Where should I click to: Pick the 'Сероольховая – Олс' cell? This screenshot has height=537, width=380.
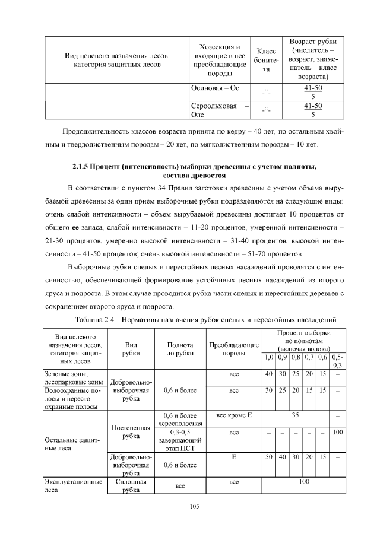[x=219, y=110]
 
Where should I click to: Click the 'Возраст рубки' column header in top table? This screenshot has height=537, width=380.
[x=312, y=59]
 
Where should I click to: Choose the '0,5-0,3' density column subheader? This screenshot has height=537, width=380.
[x=338, y=360]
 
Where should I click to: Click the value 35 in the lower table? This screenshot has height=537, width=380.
[x=296, y=415]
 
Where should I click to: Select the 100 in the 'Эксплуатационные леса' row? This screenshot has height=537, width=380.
[x=304, y=482]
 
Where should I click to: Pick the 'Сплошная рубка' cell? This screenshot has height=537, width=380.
[x=131, y=487]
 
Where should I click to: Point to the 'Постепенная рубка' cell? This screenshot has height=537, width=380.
[x=131, y=431]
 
